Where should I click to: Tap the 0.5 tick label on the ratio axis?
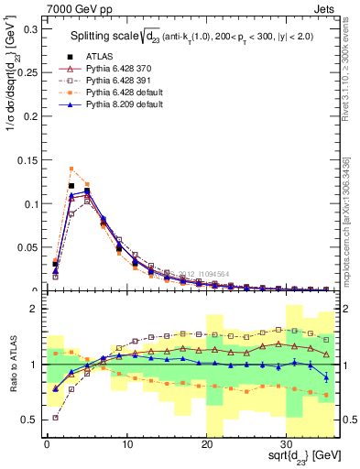(x=29, y=420)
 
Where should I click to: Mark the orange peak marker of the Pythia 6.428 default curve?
(x=71, y=169)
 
